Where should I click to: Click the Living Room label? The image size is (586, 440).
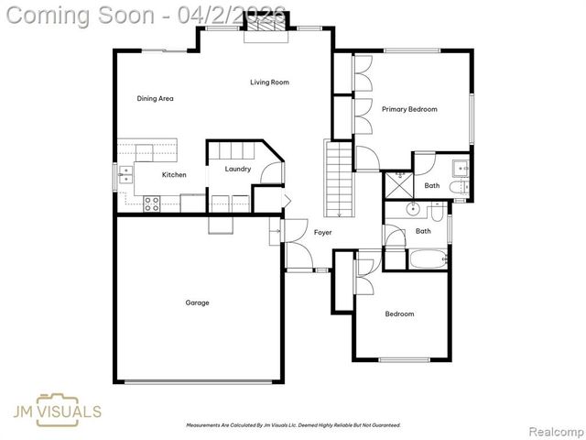coord(269,82)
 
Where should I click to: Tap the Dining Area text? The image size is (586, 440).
coord(155,98)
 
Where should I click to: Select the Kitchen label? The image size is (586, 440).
coord(174,174)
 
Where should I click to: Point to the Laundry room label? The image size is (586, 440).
coord(238,169)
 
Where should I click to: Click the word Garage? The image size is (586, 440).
coord(197,302)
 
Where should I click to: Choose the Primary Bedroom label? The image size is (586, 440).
coord(409,109)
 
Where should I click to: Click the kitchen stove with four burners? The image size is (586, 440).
coord(152,203)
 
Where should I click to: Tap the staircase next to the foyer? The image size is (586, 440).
coord(338,178)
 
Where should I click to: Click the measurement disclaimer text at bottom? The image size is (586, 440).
coord(293,425)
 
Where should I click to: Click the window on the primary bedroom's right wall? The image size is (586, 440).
coord(472,119)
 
